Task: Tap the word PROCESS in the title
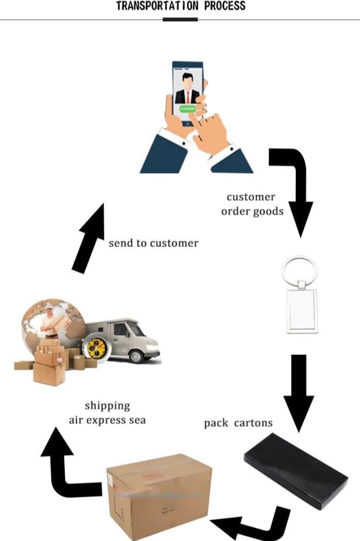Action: coord(225,6)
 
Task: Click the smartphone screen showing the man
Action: coord(187,87)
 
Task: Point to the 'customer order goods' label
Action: coord(251,204)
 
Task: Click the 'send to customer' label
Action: coord(154,243)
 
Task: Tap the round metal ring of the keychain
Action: coord(299,270)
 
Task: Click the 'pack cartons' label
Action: coord(238,423)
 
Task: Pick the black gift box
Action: coord(295,469)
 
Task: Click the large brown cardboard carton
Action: coord(159,495)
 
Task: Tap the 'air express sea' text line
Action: coord(107,419)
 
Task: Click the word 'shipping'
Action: coord(107,405)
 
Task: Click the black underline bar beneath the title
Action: coord(180,19)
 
